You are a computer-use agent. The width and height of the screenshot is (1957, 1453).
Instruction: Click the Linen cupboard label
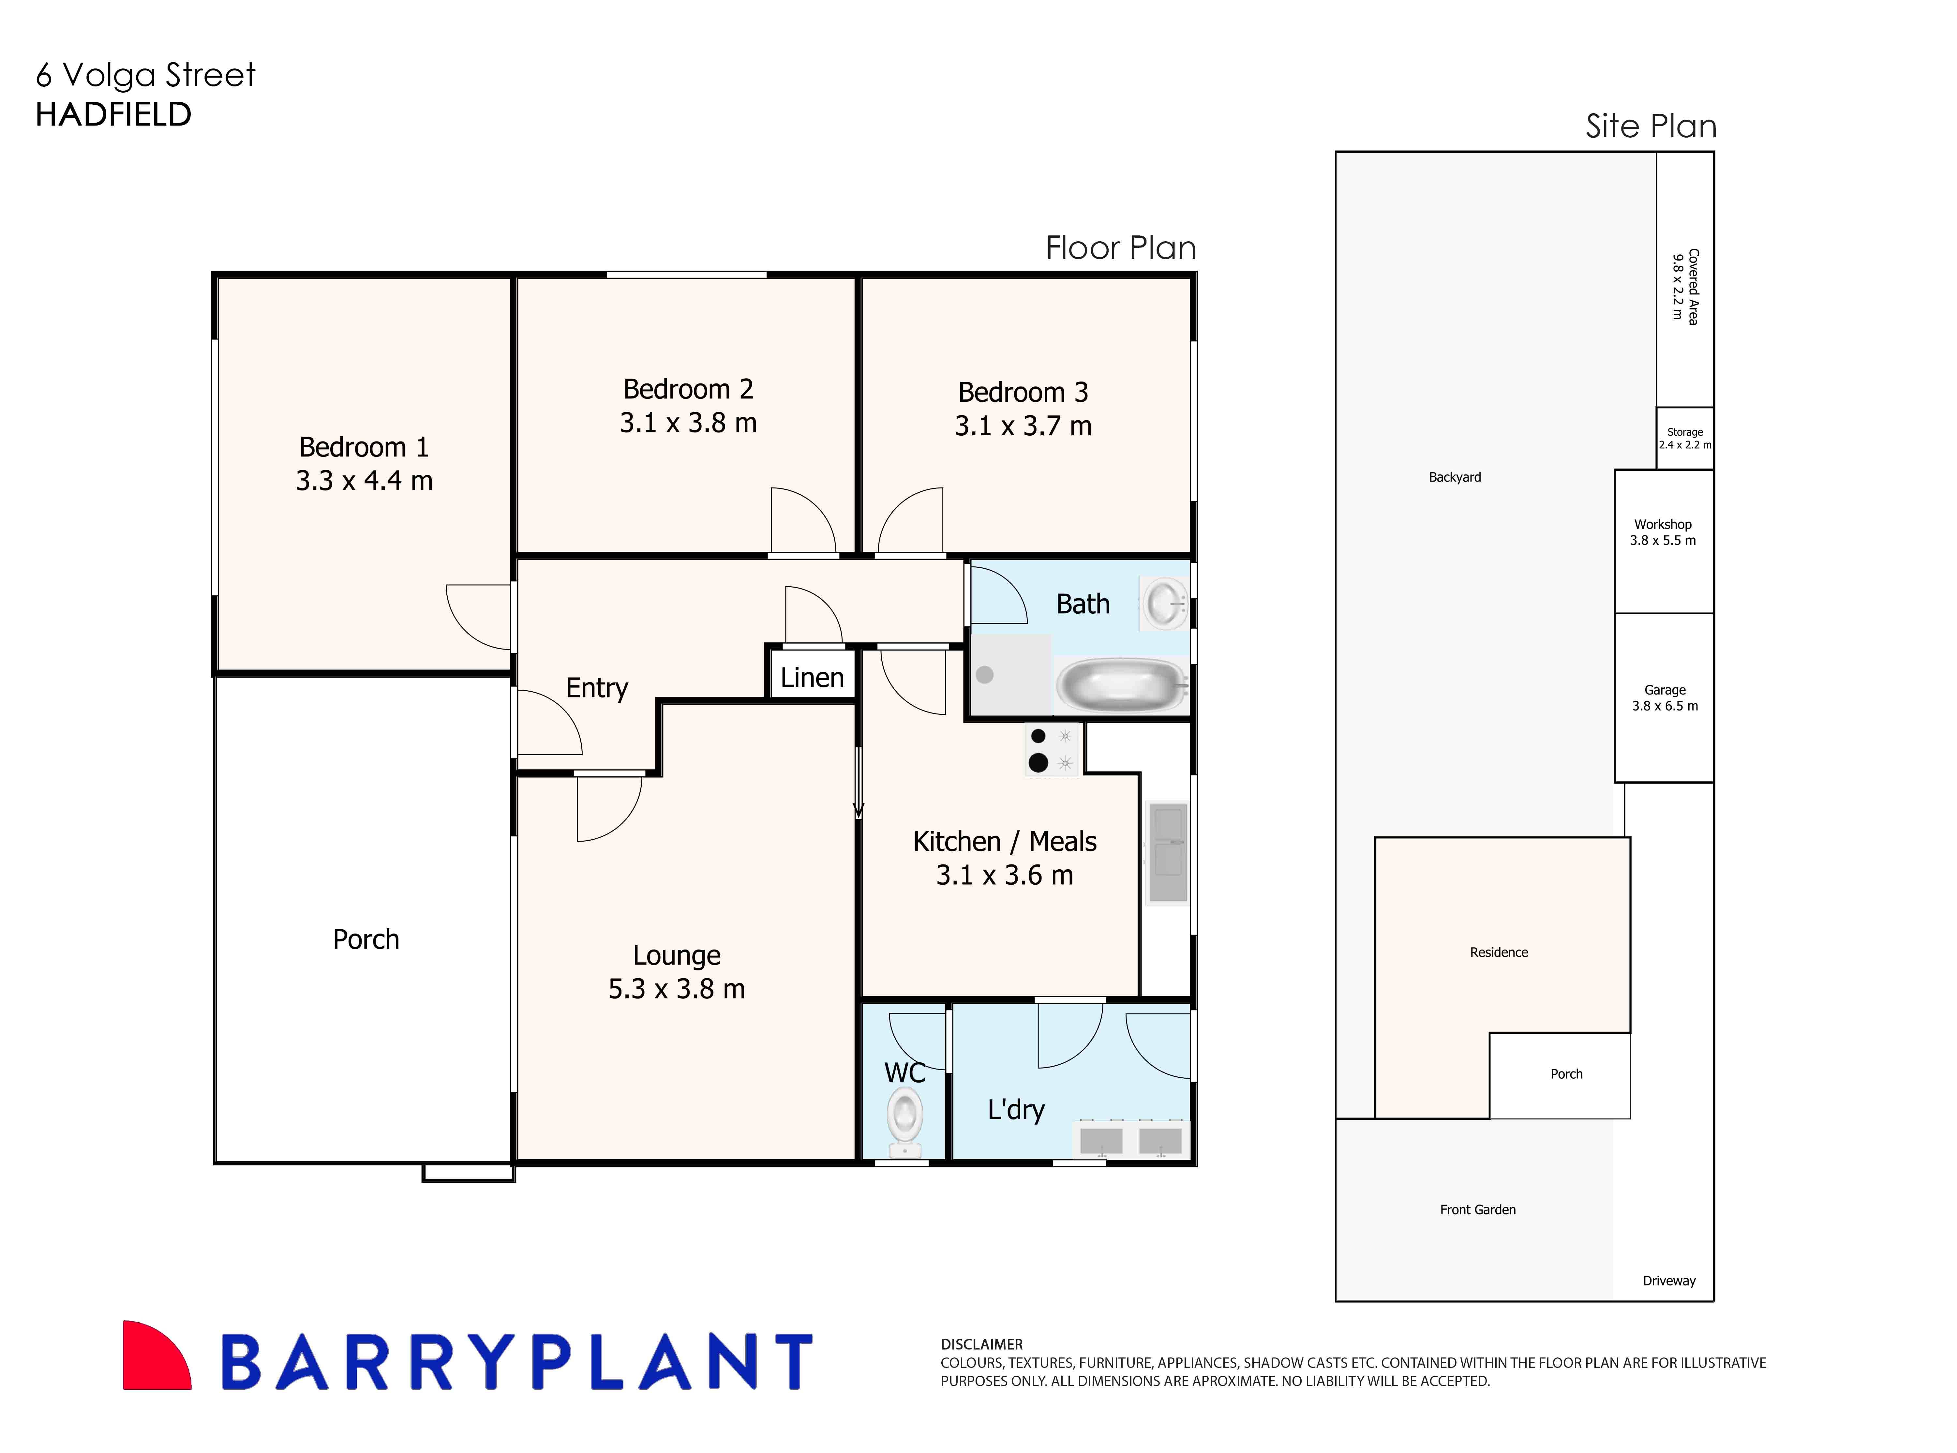812,677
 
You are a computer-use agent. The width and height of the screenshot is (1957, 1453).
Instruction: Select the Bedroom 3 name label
1023,392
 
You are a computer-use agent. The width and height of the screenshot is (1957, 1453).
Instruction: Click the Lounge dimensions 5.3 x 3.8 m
676,989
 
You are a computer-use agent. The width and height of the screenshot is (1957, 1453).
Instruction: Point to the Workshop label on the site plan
1662,524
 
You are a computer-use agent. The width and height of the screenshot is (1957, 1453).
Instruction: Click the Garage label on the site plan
1665,690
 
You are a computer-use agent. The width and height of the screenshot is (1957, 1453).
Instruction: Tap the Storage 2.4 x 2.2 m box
1684,438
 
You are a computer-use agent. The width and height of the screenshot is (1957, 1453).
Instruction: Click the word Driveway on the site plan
1668,1281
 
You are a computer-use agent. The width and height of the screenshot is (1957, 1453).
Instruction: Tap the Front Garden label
1478,1209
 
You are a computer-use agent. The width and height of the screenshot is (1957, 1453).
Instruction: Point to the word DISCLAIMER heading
981,1344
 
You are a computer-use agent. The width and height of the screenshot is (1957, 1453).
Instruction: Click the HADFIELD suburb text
113,114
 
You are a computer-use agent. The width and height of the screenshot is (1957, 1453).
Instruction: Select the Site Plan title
1650,127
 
